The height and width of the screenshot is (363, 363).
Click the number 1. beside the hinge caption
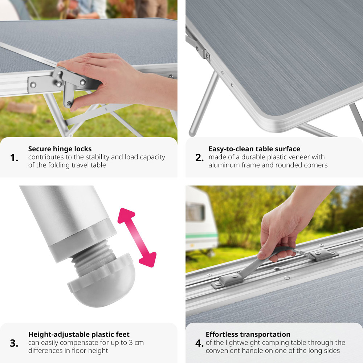coord(14,158)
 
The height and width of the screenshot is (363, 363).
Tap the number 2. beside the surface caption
coord(200,158)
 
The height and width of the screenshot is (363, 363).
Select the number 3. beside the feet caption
coord(14,343)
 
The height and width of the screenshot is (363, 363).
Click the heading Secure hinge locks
coord(60,149)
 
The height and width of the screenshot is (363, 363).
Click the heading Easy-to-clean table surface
coord(254,149)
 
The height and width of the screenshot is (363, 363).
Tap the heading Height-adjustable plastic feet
coord(79,335)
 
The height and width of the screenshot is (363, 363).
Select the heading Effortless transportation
coord(248,335)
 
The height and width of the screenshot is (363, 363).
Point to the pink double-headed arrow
coord(137,237)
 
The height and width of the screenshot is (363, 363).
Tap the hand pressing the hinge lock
coord(109,79)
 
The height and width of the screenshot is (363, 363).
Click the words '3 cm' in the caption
coord(136,343)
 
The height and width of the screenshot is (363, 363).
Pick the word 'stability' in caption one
coord(97,158)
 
